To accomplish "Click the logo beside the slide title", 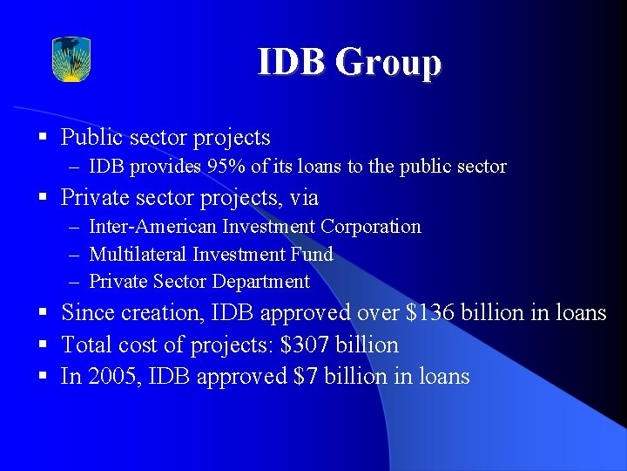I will pos(71,59).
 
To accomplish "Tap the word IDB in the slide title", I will pos(292,63).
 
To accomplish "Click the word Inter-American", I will pos(152,227).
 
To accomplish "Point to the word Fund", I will pos(315,255).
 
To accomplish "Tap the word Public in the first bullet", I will pos(90,138).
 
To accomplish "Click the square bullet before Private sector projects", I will pos(42,198).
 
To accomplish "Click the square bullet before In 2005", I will pos(42,376).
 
